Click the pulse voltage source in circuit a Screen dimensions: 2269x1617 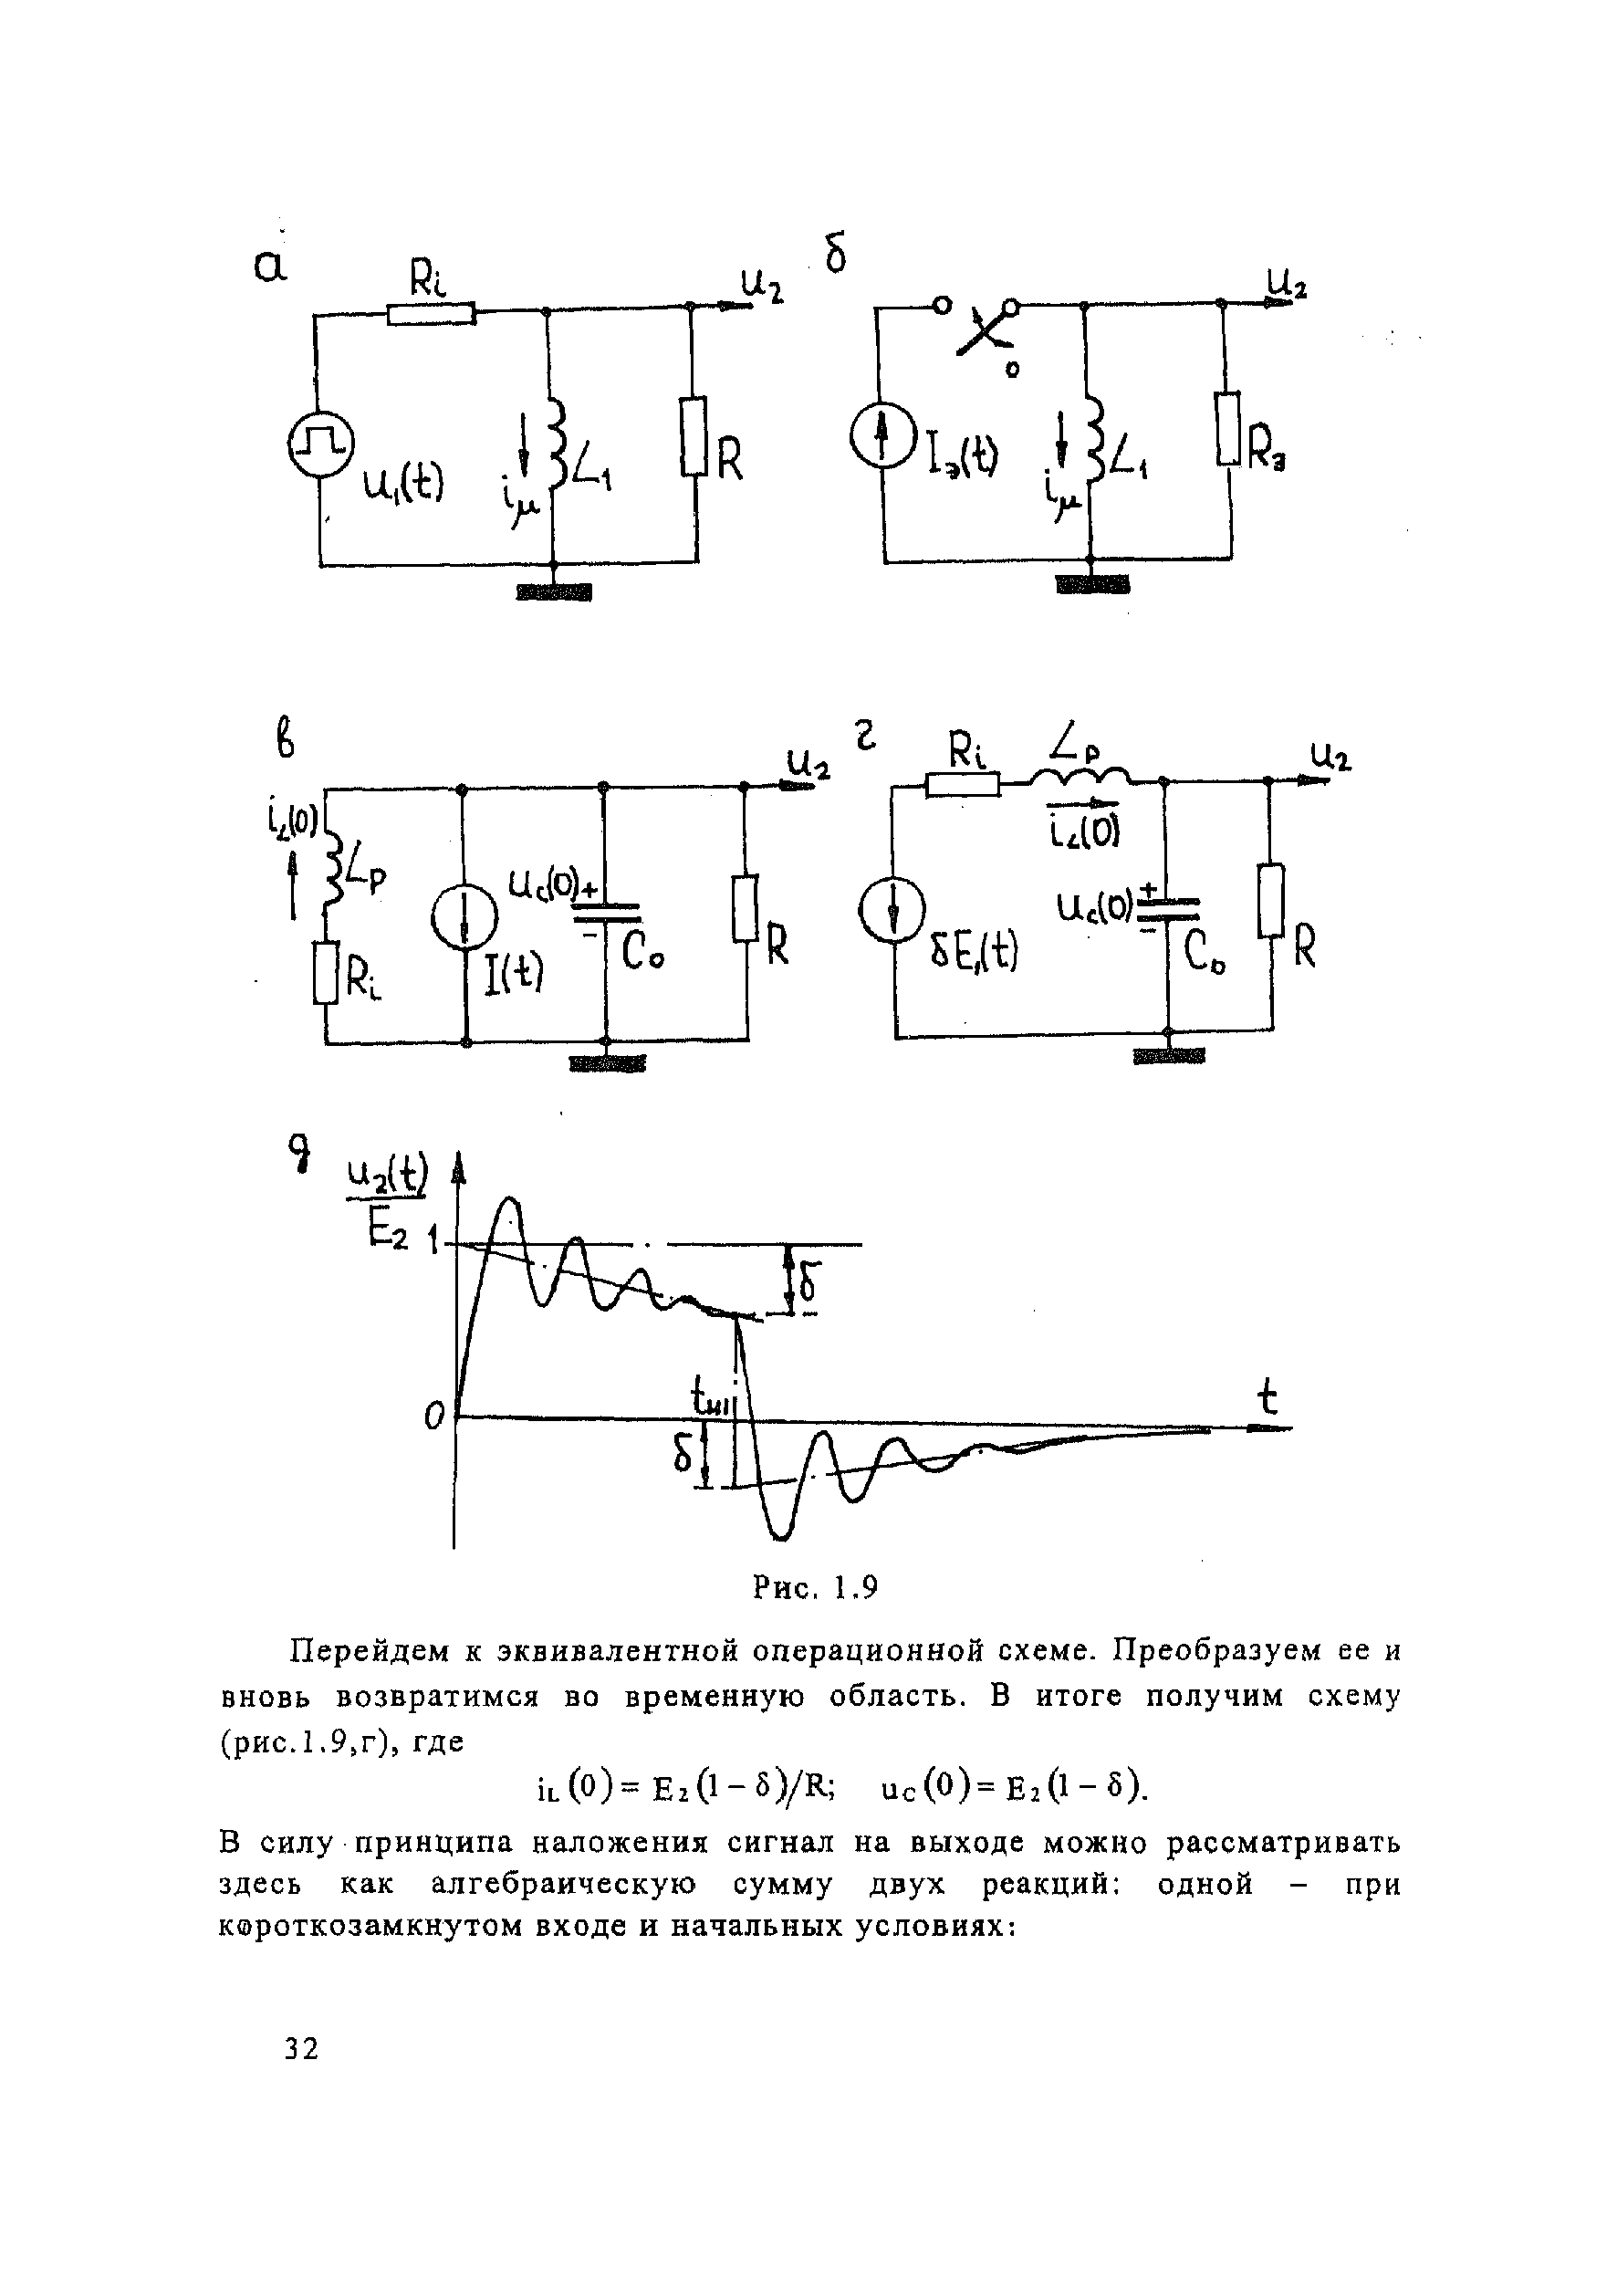[320, 446]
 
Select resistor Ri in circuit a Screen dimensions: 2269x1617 [430, 315]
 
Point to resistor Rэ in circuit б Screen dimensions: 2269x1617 [1228, 428]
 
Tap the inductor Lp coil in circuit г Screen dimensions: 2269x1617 [1080, 775]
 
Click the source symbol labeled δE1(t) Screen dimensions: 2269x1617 [892, 912]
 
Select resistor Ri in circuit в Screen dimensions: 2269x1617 [325, 974]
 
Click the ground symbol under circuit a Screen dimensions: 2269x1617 [554, 593]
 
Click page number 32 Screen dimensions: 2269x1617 [301, 2048]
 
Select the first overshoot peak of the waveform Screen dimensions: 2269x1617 [509, 1201]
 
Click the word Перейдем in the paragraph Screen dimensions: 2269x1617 [368, 1652]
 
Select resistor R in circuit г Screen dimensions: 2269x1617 [1270, 901]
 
